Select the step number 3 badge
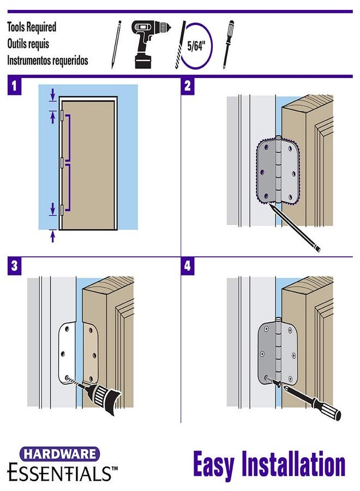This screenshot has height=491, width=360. point(14,266)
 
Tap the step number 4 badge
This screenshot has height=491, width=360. point(188,266)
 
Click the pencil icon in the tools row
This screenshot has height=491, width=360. point(116,44)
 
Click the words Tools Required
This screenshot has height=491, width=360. point(32,27)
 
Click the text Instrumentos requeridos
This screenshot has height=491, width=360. point(47,61)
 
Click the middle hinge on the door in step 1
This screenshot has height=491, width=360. point(62,162)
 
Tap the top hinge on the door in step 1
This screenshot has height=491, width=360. point(62,115)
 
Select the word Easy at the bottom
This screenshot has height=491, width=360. point(214,465)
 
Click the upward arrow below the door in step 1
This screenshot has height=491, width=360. point(53,236)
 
